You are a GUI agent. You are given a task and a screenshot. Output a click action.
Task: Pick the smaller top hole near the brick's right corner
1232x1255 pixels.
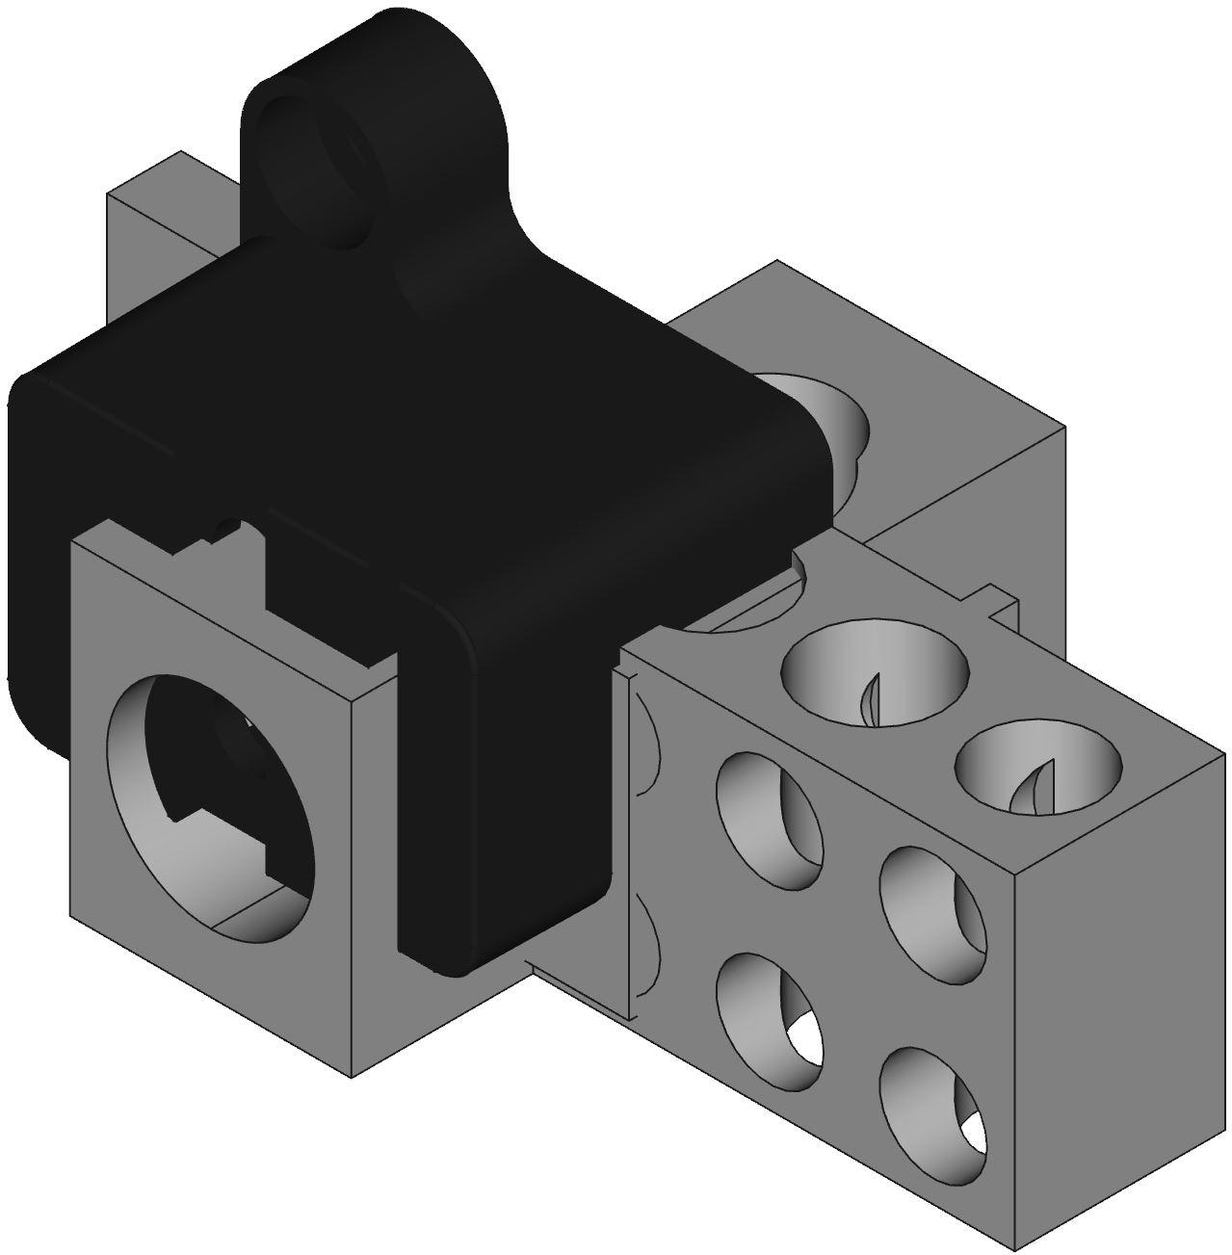[1038, 765]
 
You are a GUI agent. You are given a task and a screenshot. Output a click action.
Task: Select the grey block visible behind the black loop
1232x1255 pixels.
[154, 241]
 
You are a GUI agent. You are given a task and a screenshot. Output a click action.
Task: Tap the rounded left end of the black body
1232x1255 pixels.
[34, 539]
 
